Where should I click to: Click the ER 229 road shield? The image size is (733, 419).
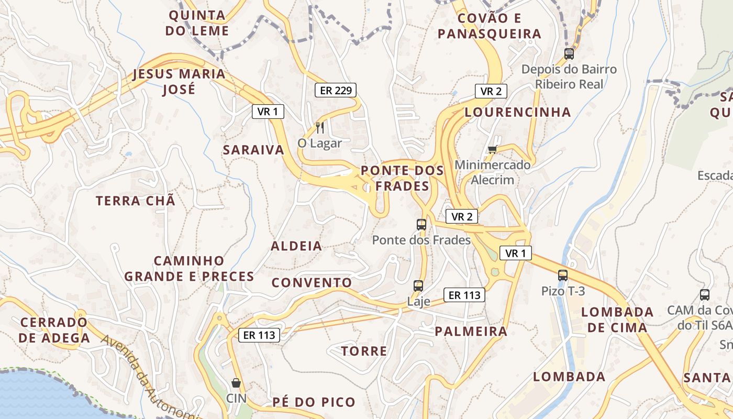click(335, 90)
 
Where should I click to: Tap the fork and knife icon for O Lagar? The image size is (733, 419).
click(319, 127)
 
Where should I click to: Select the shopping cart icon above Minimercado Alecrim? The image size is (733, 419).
click(492, 150)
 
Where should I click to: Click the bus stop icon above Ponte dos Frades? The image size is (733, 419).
click(421, 225)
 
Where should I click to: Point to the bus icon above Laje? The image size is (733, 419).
click(418, 286)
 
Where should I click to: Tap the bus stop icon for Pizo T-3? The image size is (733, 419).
click(563, 275)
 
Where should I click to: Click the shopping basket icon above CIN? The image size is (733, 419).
click(236, 383)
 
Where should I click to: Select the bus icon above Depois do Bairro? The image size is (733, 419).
click(569, 53)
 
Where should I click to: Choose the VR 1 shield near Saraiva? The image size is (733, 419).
click(268, 111)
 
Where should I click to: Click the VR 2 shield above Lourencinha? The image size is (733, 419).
click(491, 91)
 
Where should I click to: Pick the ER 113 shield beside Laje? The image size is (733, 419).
click(464, 295)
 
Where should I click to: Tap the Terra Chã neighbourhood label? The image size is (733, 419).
click(136, 201)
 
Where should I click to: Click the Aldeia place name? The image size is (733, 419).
click(296, 246)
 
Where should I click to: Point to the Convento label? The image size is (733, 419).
click(312, 283)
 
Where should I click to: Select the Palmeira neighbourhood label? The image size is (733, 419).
click(471, 331)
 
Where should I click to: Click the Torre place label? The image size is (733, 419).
click(364, 351)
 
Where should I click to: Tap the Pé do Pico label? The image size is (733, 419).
click(314, 402)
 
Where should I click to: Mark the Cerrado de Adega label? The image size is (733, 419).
click(54, 330)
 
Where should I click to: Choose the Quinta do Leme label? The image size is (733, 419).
click(197, 23)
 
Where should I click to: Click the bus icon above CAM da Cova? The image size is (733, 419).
click(705, 294)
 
